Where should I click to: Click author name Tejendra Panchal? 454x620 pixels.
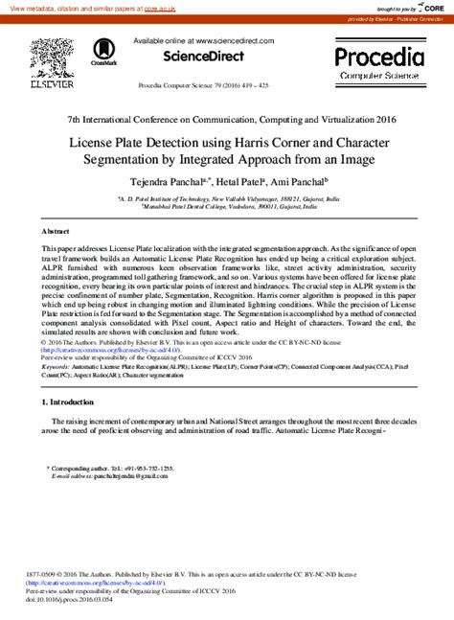pos(169,180)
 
